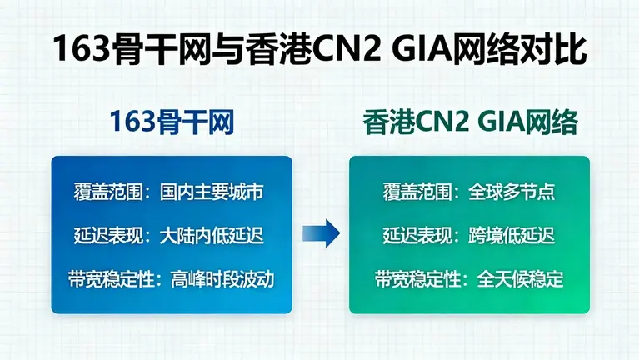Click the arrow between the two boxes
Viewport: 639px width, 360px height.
click(x=320, y=234)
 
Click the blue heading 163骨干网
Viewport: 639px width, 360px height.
click(x=172, y=122)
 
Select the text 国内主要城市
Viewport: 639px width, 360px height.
click(x=212, y=192)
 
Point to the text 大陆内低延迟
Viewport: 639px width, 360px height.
click(x=212, y=235)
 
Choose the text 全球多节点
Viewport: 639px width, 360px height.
click(x=509, y=192)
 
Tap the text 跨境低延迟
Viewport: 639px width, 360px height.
click(x=509, y=235)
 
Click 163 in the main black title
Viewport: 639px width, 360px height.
click(x=79, y=50)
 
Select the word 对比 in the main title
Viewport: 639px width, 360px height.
click(x=556, y=50)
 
